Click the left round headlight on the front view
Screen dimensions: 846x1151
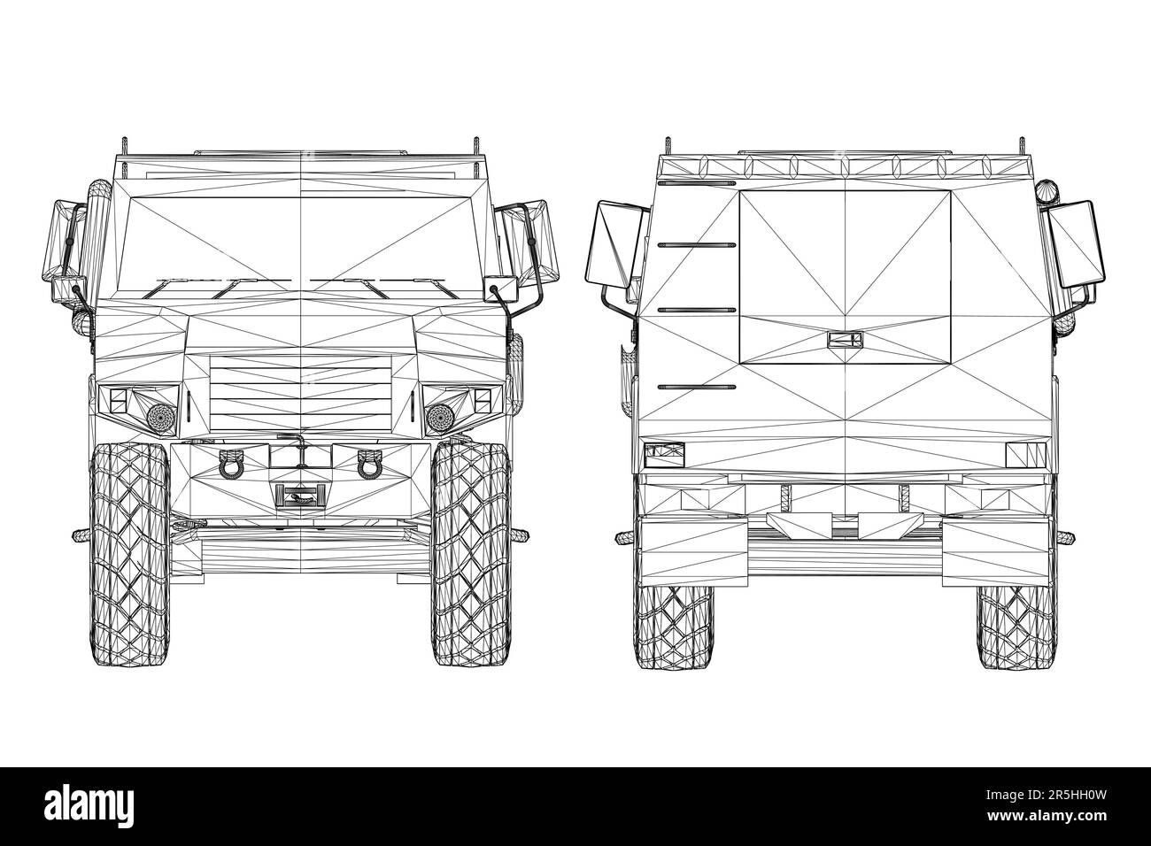coord(159,414)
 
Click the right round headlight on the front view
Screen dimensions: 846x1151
coord(439,414)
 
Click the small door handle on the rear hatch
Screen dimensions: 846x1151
coord(845,339)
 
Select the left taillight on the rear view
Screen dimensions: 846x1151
coord(663,456)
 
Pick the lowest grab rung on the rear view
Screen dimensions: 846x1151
coord(697,387)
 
